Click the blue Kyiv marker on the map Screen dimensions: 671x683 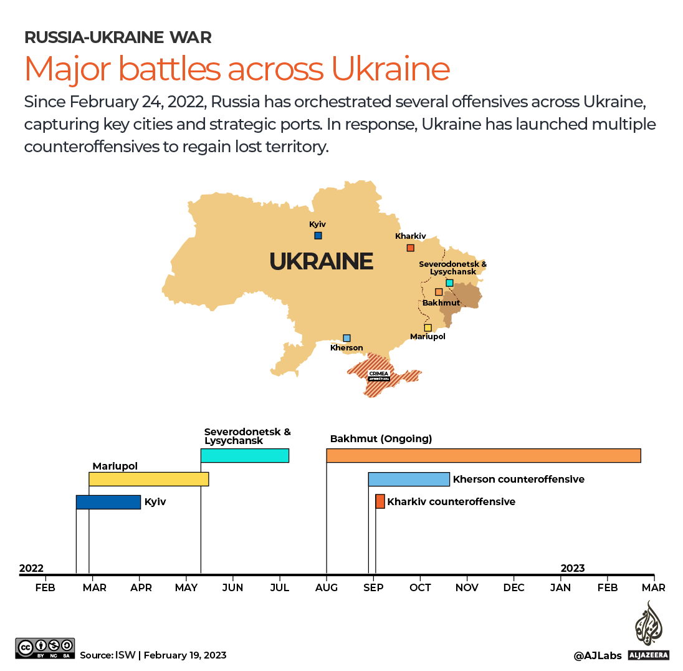(x=318, y=236)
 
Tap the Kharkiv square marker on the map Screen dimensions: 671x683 (x=410, y=248)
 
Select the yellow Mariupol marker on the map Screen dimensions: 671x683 (x=427, y=328)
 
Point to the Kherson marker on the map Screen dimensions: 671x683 (x=346, y=338)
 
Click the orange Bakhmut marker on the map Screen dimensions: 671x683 (x=439, y=292)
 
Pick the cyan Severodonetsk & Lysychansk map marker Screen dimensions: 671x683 (x=449, y=283)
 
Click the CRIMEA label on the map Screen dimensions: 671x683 (x=378, y=374)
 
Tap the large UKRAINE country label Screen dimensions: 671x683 (x=321, y=261)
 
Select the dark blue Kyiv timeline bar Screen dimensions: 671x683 (x=108, y=502)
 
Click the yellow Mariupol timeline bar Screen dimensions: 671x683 (x=148, y=479)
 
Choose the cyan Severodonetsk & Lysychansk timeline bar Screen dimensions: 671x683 (x=244, y=455)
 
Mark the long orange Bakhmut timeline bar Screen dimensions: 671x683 (x=483, y=455)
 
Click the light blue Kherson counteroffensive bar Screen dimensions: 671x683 (x=409, y=479)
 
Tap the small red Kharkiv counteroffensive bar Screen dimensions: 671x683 (x=380, y=501)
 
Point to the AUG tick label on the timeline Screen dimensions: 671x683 (x=327, y=587)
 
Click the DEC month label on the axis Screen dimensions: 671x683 (x=513, y=587)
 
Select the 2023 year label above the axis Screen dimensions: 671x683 (x=573, y=568)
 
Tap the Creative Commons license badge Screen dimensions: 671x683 (x=45, y=648)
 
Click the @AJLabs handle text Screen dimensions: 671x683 (x=598, y=655)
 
